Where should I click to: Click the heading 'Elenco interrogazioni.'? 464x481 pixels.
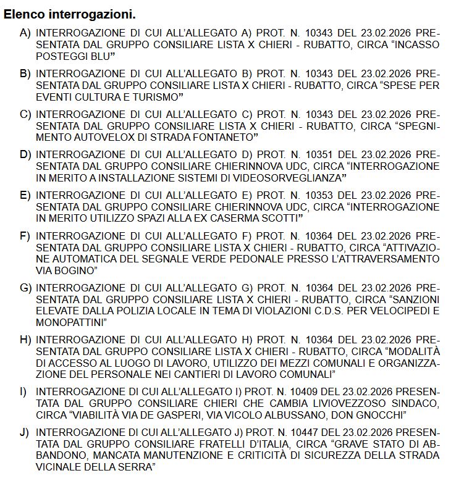(x=70, y=14)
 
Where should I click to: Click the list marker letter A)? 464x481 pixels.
(x=25, y=32)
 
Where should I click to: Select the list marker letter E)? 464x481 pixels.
(x=25, y=195)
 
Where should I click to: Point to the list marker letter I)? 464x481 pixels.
(x=23, y=392)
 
